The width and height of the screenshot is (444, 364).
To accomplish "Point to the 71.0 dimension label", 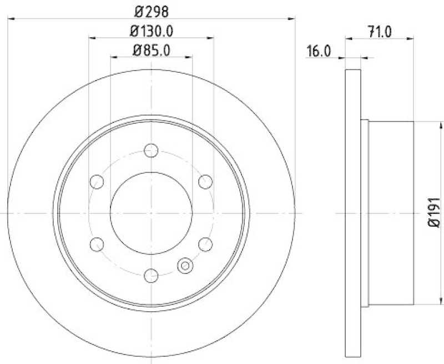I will [x=381, y=31].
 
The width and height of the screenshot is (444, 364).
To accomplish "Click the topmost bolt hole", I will [x=151, y=150].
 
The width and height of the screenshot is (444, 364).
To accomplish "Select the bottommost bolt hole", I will [x=151, y=275].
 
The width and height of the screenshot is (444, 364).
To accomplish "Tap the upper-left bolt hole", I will [x=97, y=181].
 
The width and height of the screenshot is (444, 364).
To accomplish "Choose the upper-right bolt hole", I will [x=205, y=181].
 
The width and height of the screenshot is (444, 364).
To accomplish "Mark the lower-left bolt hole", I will [x=97, y=243].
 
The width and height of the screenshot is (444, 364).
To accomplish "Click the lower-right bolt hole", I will [x=205, y=243].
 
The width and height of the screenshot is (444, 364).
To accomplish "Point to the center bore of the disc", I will [x=151, y=212].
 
